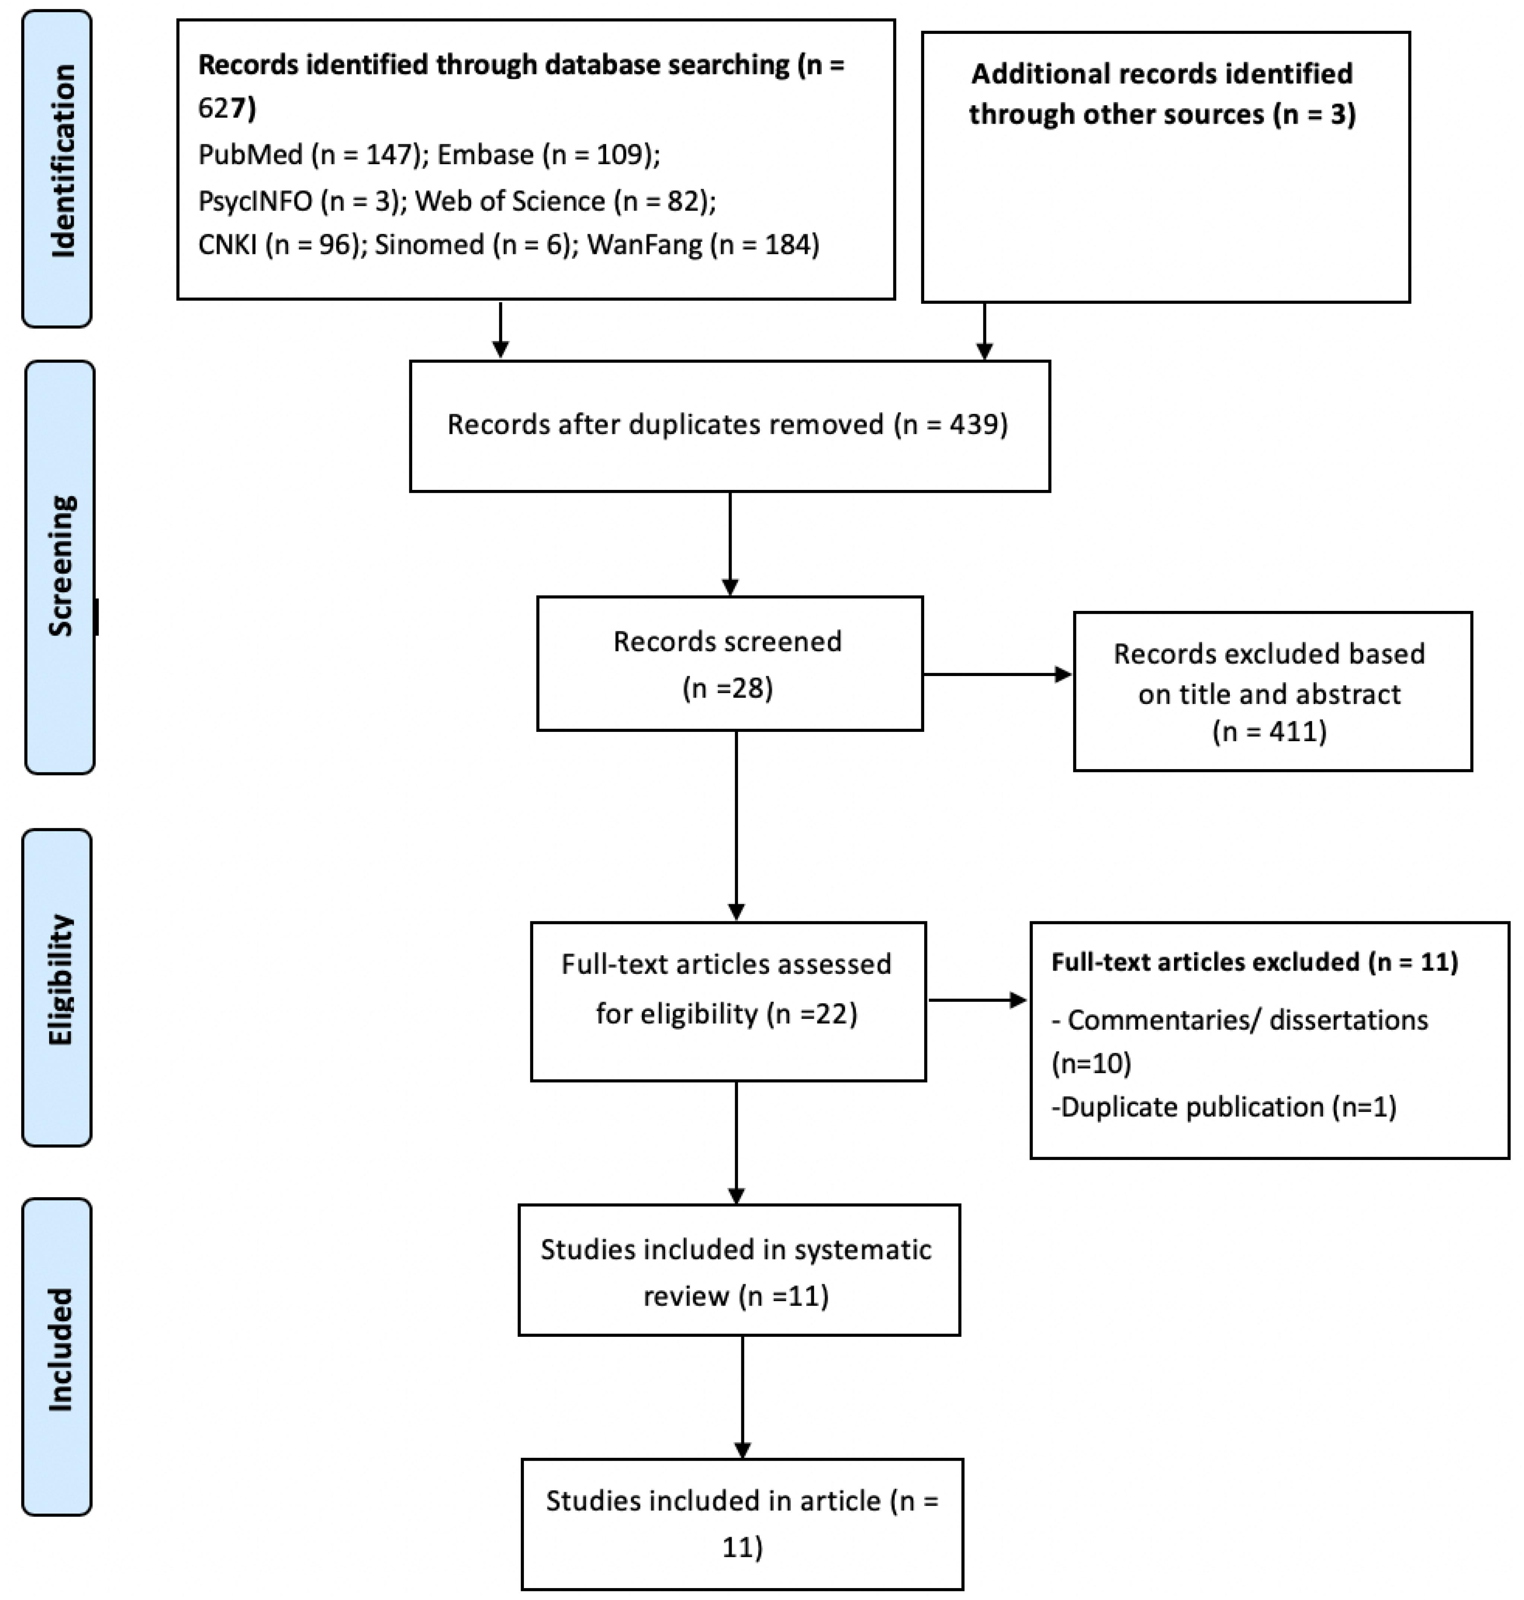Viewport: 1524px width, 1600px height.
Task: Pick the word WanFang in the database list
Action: pos(644,245)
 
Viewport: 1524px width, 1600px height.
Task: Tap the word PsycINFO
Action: pos(255,201)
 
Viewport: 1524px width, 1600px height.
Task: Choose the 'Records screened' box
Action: pos(729,663)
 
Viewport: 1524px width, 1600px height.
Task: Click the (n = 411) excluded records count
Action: pos(1269,732)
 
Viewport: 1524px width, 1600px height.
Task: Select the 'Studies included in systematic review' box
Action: pos(739,1270)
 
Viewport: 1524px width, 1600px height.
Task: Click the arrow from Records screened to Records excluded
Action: pos(998,674)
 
